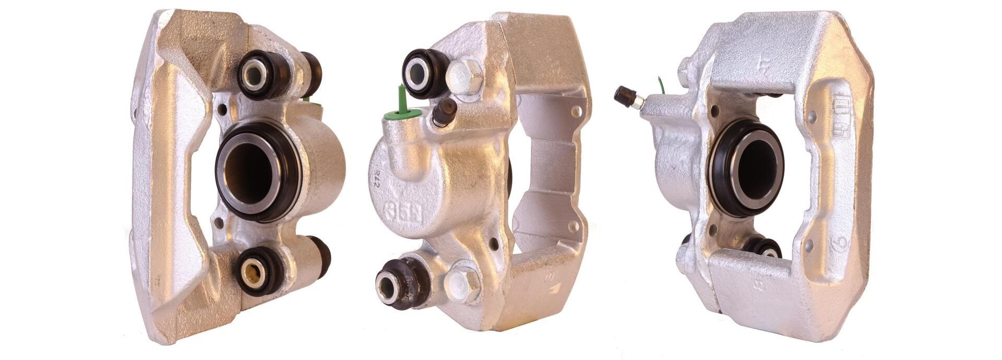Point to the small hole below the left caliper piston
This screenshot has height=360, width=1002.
(219, 224)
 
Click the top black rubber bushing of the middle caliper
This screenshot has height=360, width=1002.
(423, 73)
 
